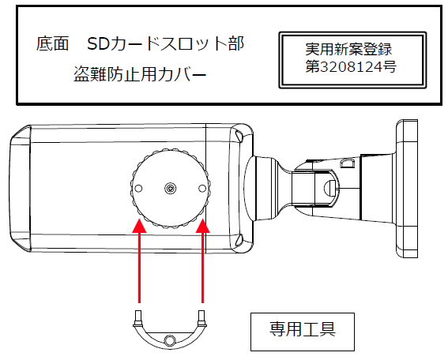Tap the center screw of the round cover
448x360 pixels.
tap(171, 189)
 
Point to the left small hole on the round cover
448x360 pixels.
tap(139, 189)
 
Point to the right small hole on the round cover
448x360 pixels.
tap(202, 189)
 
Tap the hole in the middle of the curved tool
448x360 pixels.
tap(169, 340)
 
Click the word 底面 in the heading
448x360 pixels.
tap(52, 42)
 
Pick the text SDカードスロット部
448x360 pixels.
tap(166, 42)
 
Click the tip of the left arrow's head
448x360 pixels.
tap(139, 221)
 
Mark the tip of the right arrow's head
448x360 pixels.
tap(203, 221)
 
